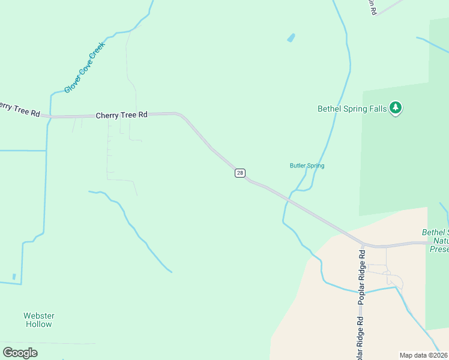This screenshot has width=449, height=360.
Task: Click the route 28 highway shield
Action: (240, 173)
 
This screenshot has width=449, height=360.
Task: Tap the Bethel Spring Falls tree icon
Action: (395, 108)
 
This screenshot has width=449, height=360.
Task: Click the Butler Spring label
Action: (307, 166)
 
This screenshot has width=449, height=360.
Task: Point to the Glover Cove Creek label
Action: (85, 67)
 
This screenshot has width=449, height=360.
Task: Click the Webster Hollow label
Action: (39, 320)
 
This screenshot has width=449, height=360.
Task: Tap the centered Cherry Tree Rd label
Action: (122, 115)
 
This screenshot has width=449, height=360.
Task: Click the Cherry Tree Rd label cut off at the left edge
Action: (19, 109)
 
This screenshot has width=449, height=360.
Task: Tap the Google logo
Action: (20, 353)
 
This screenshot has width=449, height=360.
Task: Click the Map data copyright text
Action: (424, 355)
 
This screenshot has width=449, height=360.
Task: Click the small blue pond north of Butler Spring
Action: (291, 38)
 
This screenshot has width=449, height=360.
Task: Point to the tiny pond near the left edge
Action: (14, 277)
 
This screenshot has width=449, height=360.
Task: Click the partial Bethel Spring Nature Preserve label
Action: (436, 241)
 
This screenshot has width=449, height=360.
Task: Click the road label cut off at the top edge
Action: (373, 7)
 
